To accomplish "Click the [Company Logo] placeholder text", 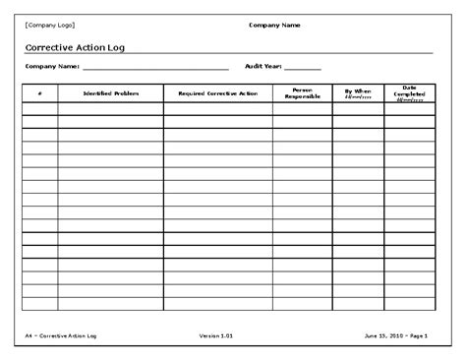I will click(49, 25).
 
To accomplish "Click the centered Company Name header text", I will click(275, 25).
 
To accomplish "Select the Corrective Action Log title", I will click(74, 46).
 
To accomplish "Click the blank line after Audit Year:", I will click(303, 68).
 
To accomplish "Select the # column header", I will click(39, 93).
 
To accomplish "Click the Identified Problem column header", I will click(110, 93).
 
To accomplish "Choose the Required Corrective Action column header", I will click(217, 93).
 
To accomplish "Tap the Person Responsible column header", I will click(302, 93).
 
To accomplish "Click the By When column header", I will click(358, 93).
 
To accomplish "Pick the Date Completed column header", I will click(409, 93).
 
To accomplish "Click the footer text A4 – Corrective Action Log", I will click(62, 337).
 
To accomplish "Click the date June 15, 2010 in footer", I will click(380, 337).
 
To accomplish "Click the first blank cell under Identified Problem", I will click(110, 109).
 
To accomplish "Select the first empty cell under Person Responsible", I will click(302, 109).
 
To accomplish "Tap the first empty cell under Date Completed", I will click(409, 109).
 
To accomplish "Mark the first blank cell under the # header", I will click(39, 109).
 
